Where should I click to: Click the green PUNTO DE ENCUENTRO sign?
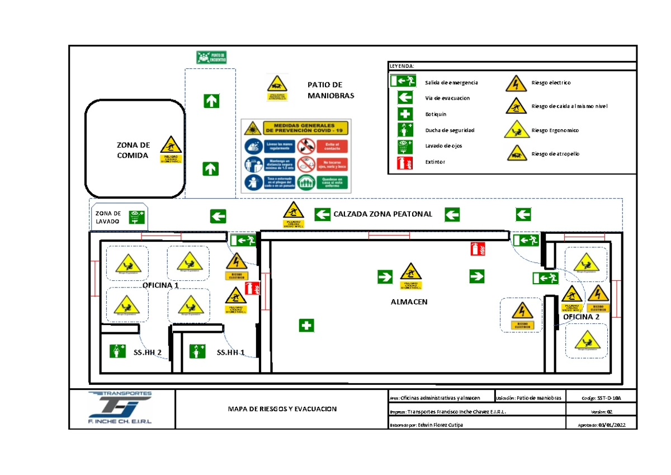[x=212, y=57]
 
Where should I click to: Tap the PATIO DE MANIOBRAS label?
[x=331, y=90]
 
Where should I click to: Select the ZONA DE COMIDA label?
[x=133, y=151]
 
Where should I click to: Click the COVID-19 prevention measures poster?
[x=296, y=156]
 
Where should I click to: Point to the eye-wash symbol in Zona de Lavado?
[x=136, y=217]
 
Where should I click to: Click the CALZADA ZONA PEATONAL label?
[x=383, y=214]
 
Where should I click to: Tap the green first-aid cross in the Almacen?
[x=306, y=325]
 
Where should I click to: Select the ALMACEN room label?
[x=409, y=302]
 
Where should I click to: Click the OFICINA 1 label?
[x=160, y=285]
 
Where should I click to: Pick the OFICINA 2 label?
[x=581, y=317]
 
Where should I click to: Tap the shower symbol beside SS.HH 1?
[x=197, y=351]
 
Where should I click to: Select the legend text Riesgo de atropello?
[x=555, y=154]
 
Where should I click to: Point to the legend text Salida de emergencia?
[x=451, y=83]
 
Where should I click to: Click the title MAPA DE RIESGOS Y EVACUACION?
[x=282, y=409]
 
